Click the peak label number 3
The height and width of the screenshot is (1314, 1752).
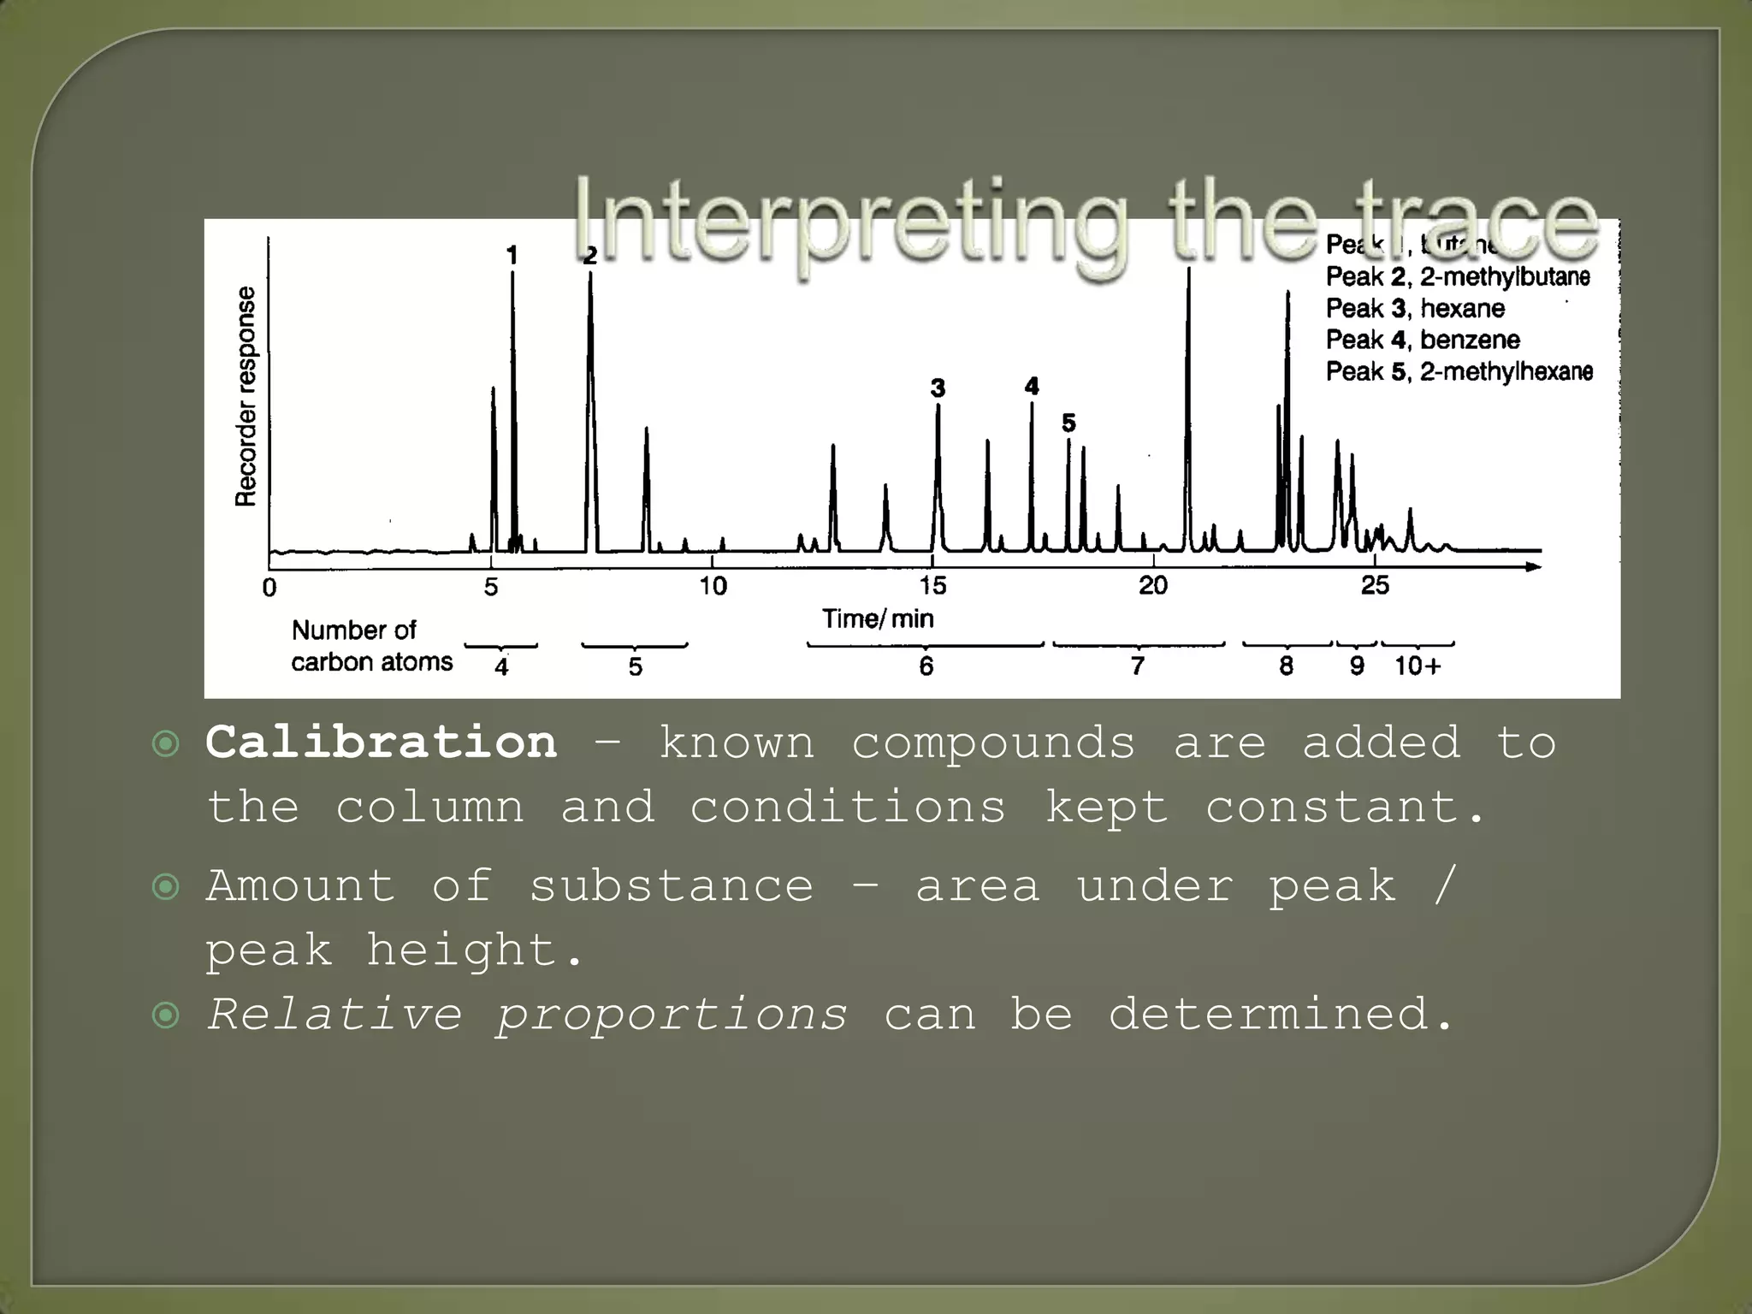point(938,388)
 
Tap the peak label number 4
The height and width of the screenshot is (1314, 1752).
point(1032,387)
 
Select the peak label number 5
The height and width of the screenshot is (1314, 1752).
point(1068,423)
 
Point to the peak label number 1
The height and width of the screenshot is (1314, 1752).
point(512,255)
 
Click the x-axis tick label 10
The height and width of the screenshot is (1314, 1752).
point(713,586)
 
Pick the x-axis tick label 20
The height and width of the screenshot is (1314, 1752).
point(1152,586)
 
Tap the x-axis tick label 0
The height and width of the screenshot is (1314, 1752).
point(269,588)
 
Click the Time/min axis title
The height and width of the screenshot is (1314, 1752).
point(878,619)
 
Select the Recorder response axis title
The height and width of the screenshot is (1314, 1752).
point(246,396)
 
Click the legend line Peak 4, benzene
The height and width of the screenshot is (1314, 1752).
point(1423,340)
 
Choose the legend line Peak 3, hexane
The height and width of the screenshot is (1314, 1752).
point(1415,308)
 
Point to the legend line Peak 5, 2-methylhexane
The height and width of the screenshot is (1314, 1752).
point(1459,371)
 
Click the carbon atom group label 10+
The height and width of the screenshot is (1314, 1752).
point(1418,666)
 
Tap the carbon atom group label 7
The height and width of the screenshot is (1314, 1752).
point(1137,666)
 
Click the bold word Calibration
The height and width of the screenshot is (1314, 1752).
point(382,742)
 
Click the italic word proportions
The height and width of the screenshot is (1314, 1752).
point(672,1015)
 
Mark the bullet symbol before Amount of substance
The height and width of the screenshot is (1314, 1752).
point(165,886)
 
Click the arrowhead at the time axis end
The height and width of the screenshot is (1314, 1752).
point(1534,566)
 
